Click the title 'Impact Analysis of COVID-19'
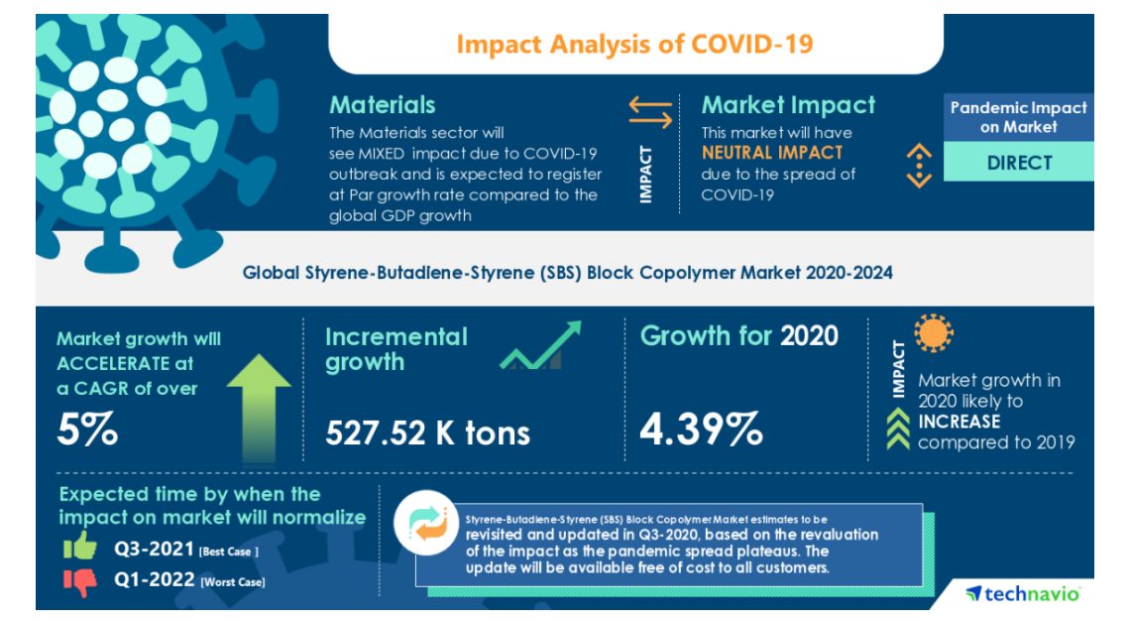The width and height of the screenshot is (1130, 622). tap(635, 45)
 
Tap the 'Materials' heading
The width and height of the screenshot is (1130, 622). tap(382, 105)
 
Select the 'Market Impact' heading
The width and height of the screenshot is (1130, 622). tap(788, 105)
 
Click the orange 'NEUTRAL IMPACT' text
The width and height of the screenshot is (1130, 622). tap(772, 153)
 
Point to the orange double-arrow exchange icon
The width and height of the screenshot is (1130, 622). tap(650, 112)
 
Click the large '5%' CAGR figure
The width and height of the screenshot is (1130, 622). tap(87, 431)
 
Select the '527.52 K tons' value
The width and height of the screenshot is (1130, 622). tap(427, 433)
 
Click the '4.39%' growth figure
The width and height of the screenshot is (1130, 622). tap(701, 429)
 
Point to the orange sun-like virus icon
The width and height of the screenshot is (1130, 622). tap(933, 334)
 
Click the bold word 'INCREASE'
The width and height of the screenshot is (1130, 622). tap(959, 422)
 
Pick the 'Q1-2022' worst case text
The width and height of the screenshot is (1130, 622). tap(154, 581)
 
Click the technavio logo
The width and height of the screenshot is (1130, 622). tap(1022, 593)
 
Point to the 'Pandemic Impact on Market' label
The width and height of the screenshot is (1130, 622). tap(1018, 117)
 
